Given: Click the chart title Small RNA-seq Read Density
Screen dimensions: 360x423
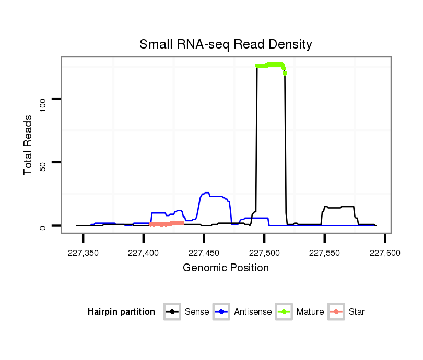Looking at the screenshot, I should pyautogui.click(x=226, y=44).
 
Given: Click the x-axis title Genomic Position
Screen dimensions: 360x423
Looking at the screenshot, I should pyautogui.click(x=226, y=268).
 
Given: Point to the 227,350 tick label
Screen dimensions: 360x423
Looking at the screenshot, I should pyautogui.click(x=84, y=253).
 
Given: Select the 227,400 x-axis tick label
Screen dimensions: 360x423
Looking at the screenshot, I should pyautogui.click(x=144, y=253).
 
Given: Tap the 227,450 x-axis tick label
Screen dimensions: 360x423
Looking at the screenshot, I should pyautogui.click(x=204, y=253).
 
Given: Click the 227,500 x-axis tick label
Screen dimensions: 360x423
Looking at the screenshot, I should pyautogui.click(x=264, y=253).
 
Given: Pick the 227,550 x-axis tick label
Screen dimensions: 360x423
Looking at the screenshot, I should pyautogui.click(x=325, y=253).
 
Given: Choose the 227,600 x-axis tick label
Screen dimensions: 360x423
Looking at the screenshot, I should pyautogui.click(x=385, y=253).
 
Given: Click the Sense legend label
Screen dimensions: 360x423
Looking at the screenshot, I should pyautogui.click(x=197, y=312).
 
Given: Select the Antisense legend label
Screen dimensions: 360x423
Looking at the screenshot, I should pyautogui.click(x=253, y=312).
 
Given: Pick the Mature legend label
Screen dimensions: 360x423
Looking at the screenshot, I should pyautogui.click(x=310, y=312).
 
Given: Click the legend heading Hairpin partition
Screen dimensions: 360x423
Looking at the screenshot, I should pyautogui.click(x=121, y=312).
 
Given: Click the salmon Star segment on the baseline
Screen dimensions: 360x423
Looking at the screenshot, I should pyautogui.click(x=166, y=224).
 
